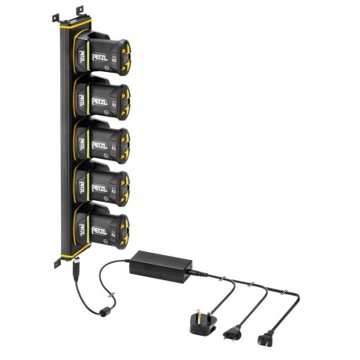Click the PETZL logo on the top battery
pos(99,57)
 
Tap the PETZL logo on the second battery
pos(99,101)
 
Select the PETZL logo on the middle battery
pos(99,145)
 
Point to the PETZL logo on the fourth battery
pos(99,188)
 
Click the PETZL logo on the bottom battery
pos(99,231)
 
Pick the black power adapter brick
pos(160,265)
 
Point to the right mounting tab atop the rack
pos(80,10)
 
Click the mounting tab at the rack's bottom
pos(58,263)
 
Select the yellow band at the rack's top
pos(76,24)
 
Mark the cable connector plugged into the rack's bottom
pos(75,275)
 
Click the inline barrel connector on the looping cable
pos(103,311)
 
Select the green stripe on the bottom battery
pos(87,229)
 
